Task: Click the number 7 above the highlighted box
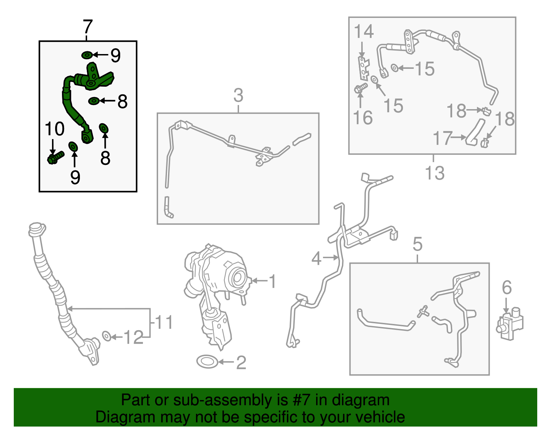87,27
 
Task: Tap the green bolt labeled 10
55,158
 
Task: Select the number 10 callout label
54,129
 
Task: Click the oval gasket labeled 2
207,361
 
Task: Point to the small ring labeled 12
106,336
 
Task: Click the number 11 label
164,322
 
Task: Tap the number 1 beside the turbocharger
272,281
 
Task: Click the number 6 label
507,287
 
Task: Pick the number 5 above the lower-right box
418,244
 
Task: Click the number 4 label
316,259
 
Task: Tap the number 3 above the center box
238,95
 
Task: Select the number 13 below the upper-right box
435,173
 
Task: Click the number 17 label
443,138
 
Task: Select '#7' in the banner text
301,400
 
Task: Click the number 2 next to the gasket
241,363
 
